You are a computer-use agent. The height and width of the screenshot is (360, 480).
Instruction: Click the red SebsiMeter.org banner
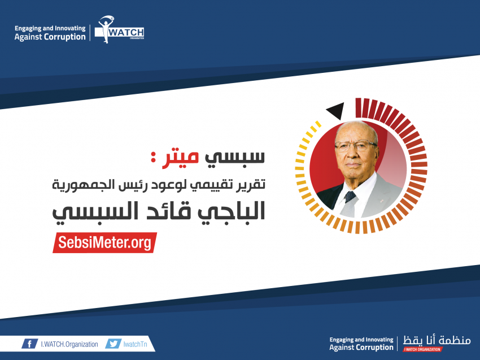[104, 242]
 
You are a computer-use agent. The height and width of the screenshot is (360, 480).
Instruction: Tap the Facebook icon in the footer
[30, 344]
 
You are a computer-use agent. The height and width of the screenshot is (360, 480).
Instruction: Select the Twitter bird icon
[114, 344]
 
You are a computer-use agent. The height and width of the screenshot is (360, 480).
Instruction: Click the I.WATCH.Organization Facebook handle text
[69, 344]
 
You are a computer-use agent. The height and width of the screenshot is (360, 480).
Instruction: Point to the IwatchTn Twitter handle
[136, 344]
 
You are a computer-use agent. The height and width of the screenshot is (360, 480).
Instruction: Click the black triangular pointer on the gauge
[336, 111]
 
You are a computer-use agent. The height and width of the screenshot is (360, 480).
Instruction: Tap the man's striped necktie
[350, 204]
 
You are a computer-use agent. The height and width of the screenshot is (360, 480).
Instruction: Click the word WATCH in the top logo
[126, 32]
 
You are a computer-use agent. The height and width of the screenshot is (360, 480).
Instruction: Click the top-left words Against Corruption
[50, 37]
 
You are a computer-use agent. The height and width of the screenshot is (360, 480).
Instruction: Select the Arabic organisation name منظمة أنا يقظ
[437, 340]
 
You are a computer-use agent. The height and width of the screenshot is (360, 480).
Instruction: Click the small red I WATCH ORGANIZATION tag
[422, 349]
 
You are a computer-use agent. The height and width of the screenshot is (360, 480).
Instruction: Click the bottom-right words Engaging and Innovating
[361, 340]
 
